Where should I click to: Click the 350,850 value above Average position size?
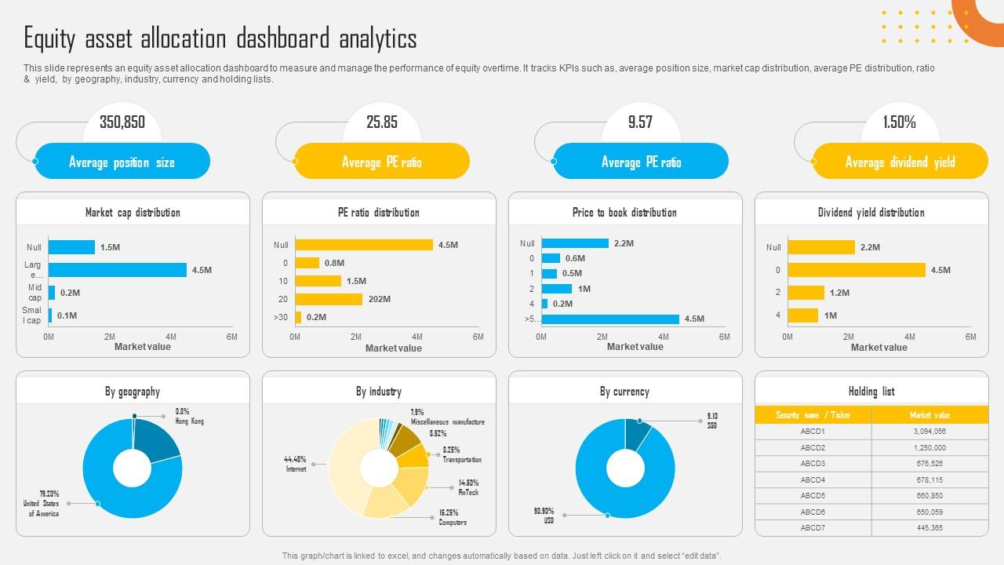(122, 122)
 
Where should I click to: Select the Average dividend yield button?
(900, 162)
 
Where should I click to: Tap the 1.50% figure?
(899, 122)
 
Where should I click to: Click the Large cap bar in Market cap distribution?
(118, 270)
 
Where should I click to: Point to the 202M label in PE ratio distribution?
(380, 299)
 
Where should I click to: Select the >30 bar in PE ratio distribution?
(298, 317)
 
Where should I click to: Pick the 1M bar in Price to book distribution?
(557, 289)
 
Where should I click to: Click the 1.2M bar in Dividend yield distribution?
(806, 293)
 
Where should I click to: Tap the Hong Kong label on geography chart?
(189, 421)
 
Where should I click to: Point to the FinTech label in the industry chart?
(468, 492)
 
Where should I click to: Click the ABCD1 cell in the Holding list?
(813, 432)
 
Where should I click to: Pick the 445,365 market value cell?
(929, 528)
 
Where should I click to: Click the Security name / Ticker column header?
(813, 415)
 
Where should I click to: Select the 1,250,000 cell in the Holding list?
(929, 447)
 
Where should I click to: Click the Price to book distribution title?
(624, 213)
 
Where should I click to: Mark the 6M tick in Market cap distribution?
(232, 337)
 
